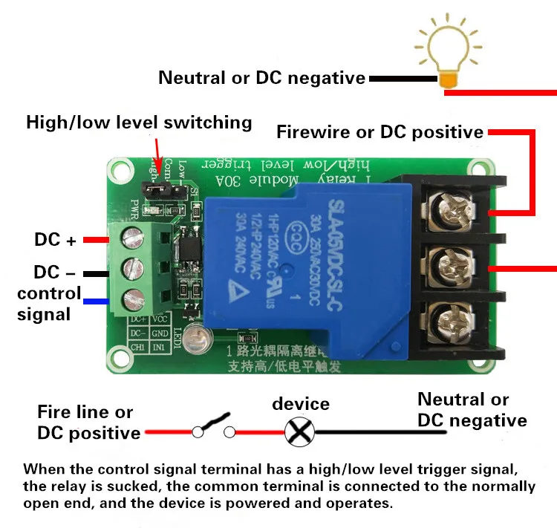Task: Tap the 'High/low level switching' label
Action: coord(139,123)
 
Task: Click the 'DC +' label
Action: coord(56,241)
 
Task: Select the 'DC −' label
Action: coord(56,272)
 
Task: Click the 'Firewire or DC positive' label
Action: coord(380,132)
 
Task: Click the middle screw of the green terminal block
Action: coord(134,266)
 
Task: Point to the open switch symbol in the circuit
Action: coord(214,428)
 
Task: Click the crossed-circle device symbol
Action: coord(301,431)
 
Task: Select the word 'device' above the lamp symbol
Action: coord(301,404)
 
